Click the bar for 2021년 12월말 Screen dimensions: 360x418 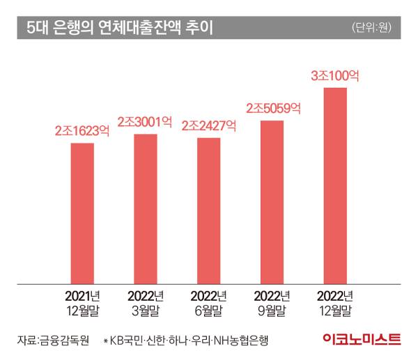82,213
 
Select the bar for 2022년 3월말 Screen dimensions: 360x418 146,208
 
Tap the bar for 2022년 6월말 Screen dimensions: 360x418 208,210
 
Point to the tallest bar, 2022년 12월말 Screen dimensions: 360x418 335,185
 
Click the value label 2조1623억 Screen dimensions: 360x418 83,130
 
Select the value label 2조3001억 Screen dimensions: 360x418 144,121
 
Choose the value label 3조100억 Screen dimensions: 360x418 335,75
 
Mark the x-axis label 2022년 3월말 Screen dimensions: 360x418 146,302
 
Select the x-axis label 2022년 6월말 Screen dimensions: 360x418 208,302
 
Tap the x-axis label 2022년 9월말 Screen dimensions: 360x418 272,302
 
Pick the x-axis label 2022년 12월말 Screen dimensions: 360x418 335,302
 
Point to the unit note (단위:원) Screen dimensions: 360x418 373,28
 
